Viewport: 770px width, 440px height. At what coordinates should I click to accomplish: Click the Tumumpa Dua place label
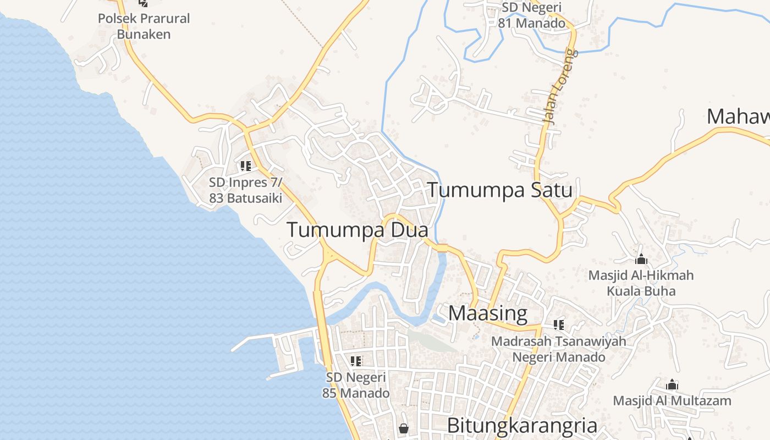pyautogui.click(x=357, y=230)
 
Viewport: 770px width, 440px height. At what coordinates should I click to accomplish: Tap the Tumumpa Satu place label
pyautogui.click(x=499, y=190)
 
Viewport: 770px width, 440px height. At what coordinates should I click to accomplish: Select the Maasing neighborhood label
pyautogui.click(x=488, y=313)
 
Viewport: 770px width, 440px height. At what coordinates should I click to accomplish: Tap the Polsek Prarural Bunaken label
pyautogui.click(x=144, y=26)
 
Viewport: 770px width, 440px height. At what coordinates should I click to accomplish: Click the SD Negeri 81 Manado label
pyautogui.click(x=531, y=15)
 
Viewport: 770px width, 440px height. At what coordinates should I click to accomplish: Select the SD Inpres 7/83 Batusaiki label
pyautogui.click(x=245, y=190)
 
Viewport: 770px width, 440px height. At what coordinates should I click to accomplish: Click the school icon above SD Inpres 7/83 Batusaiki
pyautogui.click(x=246, y=166)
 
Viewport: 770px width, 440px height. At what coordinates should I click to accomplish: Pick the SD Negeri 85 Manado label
pyautogui.click(x=356, y=385)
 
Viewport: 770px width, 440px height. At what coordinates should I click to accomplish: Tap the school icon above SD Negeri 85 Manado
pyautogui.click(x=356, y=361)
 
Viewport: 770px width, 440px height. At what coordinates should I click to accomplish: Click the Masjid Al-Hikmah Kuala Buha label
pyautogui.click(x=641, y=283)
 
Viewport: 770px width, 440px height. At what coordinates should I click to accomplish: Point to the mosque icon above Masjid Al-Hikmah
pyautogui.click(x=641, y=259)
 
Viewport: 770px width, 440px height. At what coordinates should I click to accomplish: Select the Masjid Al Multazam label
pyautogui.click(x=672, y=400)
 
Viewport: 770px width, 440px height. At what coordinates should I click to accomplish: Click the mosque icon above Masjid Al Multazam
pyautogui.click(x=672, y=384)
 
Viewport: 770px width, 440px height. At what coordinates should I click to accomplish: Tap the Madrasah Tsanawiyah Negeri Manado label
pyautogui.click(x=559, y=349)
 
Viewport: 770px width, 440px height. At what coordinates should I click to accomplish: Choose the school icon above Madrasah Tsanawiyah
pyautogui.click(x=559, y=325)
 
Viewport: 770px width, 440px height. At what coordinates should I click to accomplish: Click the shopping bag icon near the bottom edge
pyautogui.click(x=404, y=428)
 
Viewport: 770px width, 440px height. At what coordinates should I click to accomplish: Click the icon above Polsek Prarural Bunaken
pyautogui.click(x=144, y=3)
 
